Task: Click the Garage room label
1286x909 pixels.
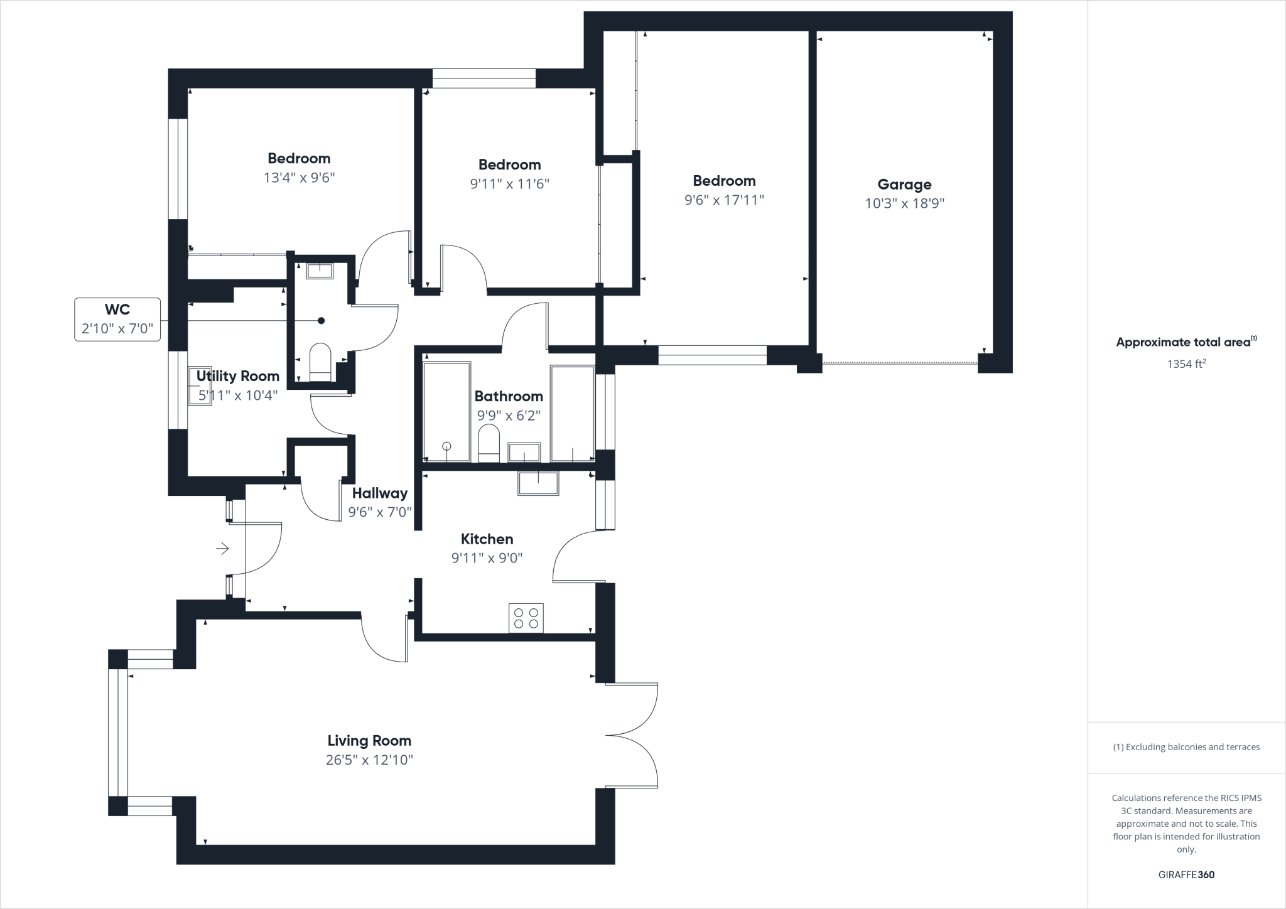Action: (904, 185)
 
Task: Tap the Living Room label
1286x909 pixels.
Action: (369, 741)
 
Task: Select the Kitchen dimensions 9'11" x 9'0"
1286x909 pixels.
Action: (487, 558)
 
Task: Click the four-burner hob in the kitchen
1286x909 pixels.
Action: (526, 618)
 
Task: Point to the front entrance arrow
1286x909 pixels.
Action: (223, 549)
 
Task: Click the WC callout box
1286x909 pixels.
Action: (117, 319)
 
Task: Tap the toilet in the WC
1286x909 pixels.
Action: (320, 362)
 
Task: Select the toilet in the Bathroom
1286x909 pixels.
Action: (489, 442)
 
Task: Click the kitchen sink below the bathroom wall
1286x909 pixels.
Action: (538, 482)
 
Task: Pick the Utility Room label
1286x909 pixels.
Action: (237, 376)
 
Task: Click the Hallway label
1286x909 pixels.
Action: (379, 493)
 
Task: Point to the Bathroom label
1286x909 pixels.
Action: (509, 396)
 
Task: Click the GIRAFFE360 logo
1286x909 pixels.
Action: (1186, 874)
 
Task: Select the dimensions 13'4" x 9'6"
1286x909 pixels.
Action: (299, 178)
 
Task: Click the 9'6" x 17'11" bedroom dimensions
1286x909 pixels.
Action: (724, 200)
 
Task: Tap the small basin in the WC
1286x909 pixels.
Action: (320, 271)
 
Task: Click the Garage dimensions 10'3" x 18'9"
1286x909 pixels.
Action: (904, 203)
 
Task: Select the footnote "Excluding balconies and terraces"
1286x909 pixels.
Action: (1186, 747)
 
